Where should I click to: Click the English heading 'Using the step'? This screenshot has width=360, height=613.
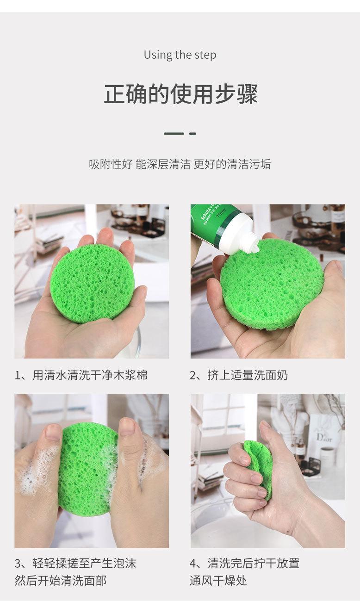[x=180, y=55]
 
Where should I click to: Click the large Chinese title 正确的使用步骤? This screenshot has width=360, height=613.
[x=180, y=94]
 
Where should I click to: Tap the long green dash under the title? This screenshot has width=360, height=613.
[x=174, y=134]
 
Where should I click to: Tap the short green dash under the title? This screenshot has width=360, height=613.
[x=193, y=134]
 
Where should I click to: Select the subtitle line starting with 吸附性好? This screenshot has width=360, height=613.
[x=180, y=164]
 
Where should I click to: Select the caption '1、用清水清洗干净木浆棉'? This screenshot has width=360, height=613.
[x=81, y=375]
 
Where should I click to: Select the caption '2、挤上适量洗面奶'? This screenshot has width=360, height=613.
[x=239, y=375]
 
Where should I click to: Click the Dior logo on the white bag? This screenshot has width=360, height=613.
[x=324, y=437]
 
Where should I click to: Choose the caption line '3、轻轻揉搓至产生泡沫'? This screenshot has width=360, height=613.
[x=75, y=563]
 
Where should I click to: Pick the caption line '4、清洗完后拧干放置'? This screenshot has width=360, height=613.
[x=244, y=563]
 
